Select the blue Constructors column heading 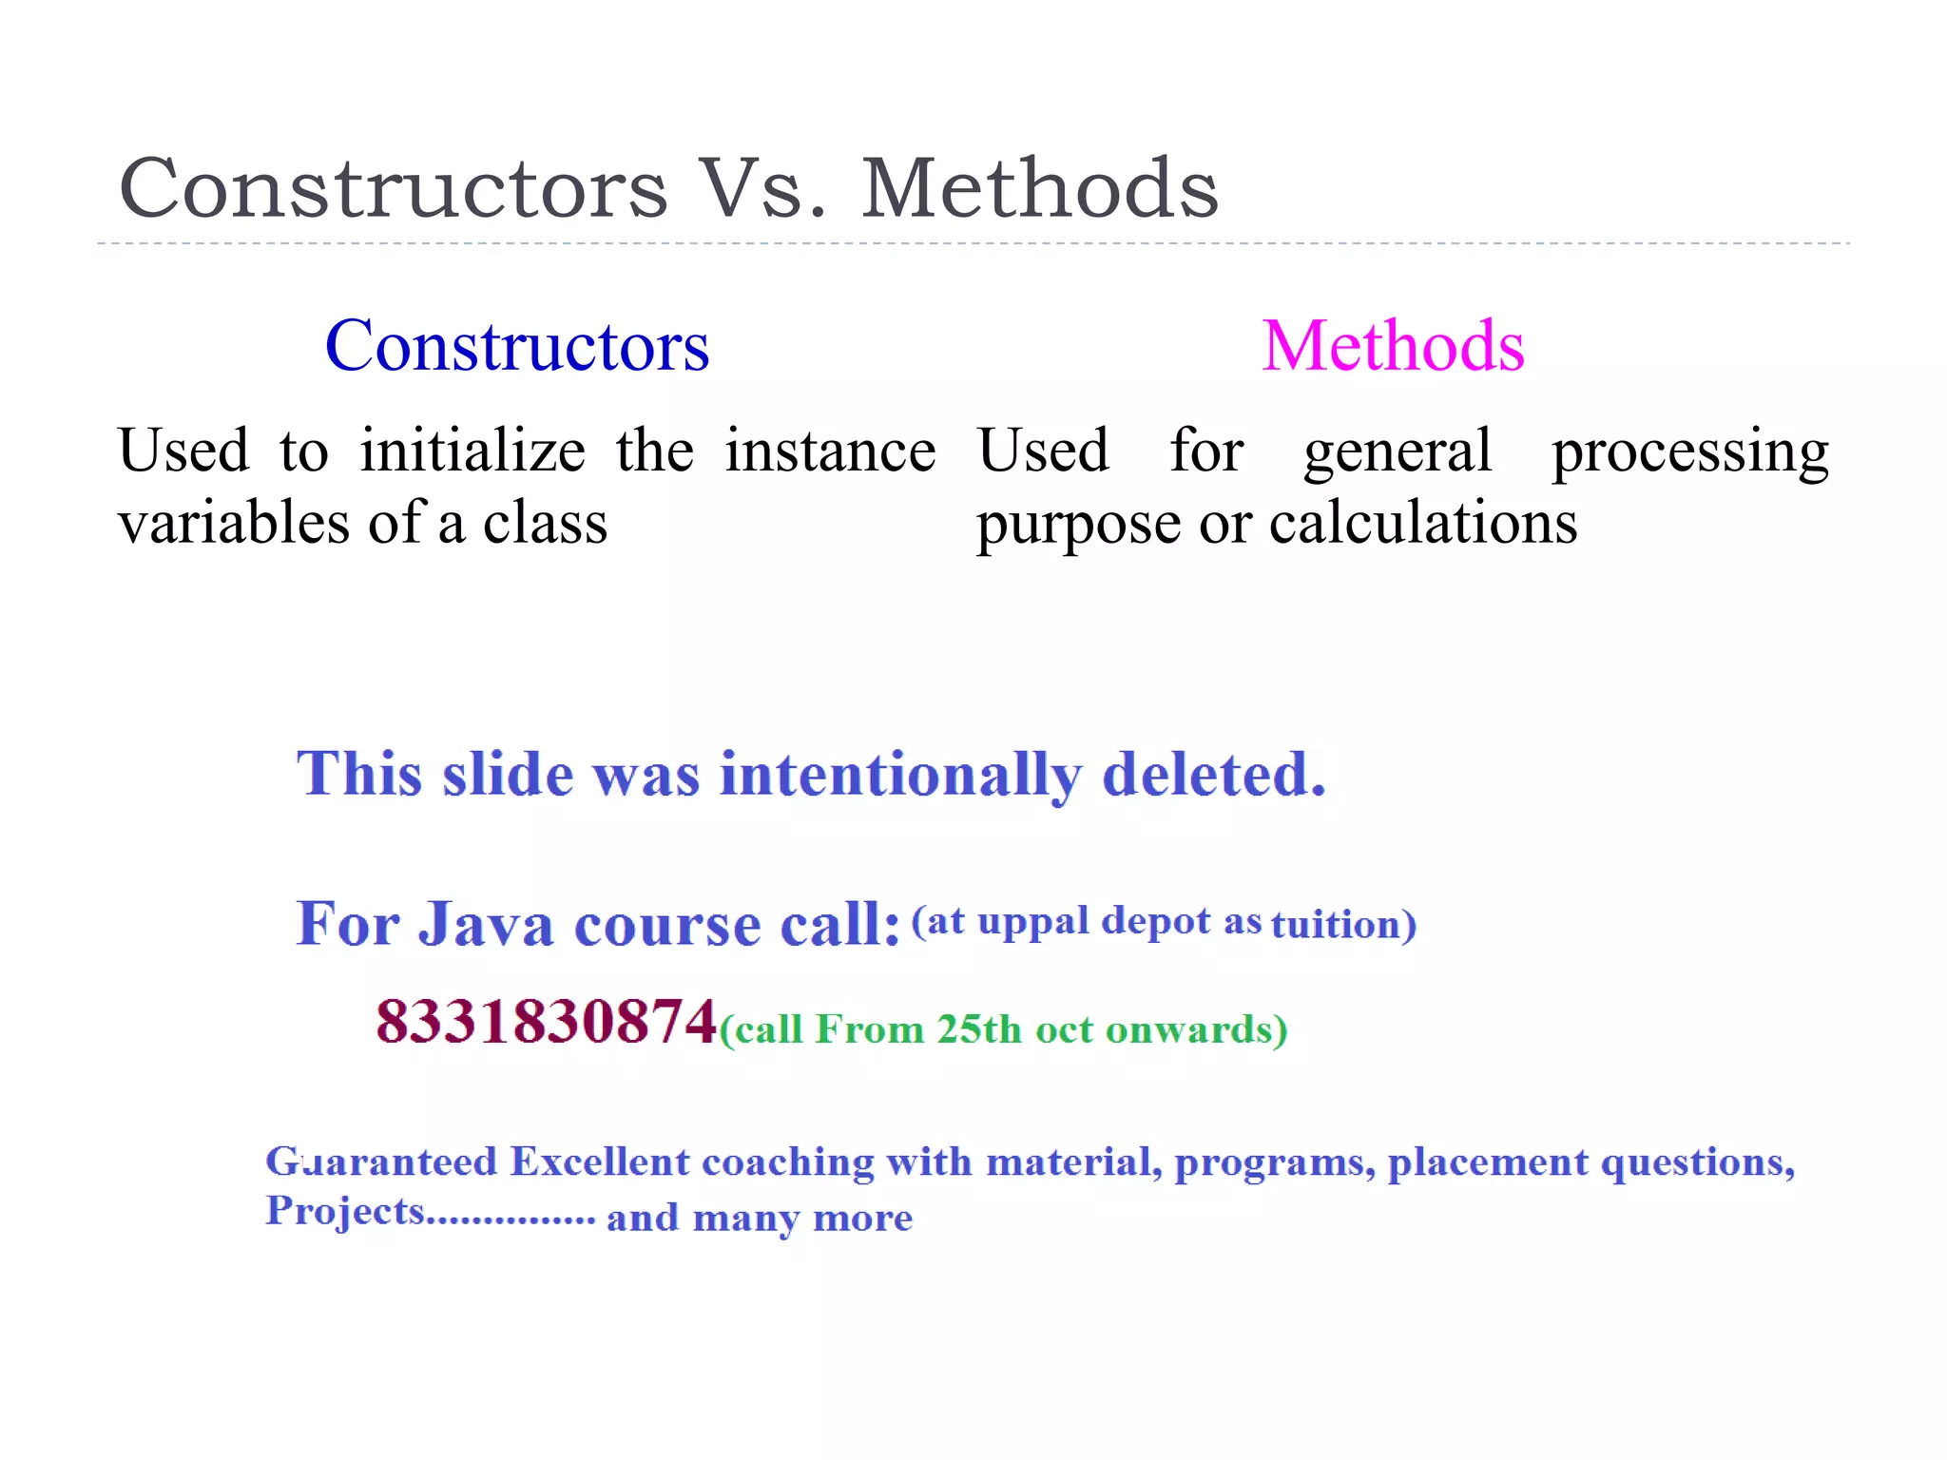(517, 346)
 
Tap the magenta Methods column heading (1393, 346)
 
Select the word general (1398, 452)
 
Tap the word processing (1689, 452)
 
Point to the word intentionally (900, 775)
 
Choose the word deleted (1213, 775)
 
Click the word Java (486, 924)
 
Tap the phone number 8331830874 (546, 1023)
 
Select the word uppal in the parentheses (1033, 922)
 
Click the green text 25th (978, 1029)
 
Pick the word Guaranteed (381, 1162)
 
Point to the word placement (1488, 1163)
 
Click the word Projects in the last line (344, 1212)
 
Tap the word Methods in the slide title (1039, 188)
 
